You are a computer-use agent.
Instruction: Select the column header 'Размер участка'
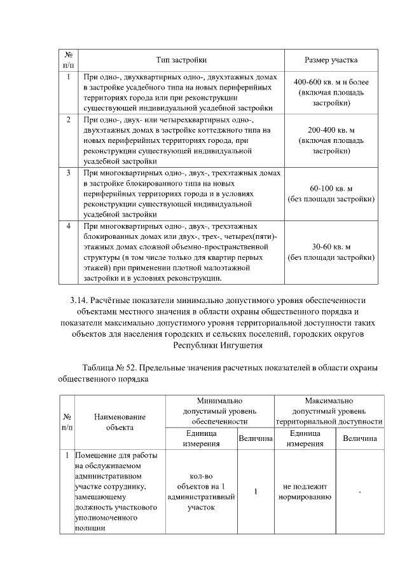point(331,60)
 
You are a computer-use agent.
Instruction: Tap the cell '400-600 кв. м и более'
point(331,83)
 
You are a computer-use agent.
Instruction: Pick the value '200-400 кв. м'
point(331,130)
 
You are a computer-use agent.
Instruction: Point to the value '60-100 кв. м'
point(331,189)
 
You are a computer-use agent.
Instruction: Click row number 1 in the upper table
point(68,77)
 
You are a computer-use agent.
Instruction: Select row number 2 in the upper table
point(68,119)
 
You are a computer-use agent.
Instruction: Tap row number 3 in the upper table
point(68,173)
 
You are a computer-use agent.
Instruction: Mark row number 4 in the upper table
point(68,226)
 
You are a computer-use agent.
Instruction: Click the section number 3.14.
point(79,300)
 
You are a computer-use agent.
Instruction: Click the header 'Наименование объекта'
point(120,422)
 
